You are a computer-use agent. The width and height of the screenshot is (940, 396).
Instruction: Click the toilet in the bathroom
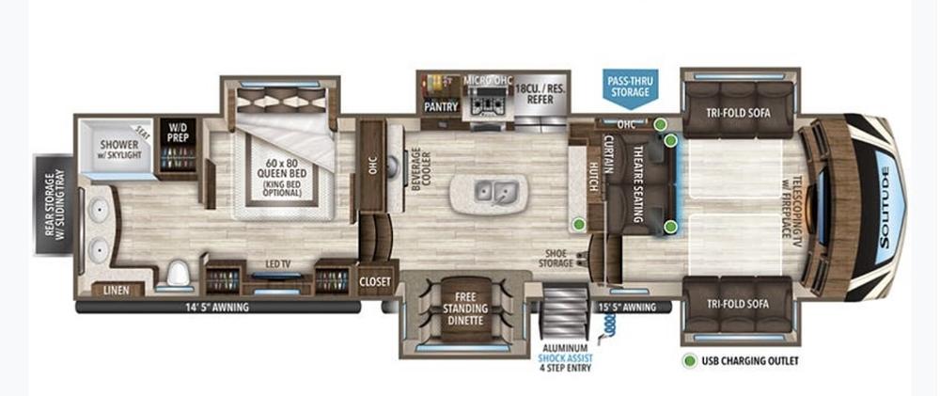(178, 274)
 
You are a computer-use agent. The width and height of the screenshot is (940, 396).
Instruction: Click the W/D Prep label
(179, 133)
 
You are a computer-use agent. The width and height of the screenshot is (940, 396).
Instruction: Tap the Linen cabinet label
(116, 291)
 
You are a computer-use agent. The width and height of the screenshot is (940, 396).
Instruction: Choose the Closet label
(375, 281)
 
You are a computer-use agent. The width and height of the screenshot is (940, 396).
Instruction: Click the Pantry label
(441, 107)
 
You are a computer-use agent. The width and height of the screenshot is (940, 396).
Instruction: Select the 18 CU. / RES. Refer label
(540, 93)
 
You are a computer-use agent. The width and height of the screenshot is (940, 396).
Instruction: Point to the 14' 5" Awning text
(219, 308)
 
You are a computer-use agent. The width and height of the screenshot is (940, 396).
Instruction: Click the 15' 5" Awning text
(628, 308)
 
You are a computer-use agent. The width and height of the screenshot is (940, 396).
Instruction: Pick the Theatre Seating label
(637, 183)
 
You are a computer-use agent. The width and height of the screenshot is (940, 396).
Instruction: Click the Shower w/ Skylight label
(120, 149)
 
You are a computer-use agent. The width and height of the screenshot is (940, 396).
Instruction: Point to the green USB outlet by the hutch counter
(578, 225)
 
